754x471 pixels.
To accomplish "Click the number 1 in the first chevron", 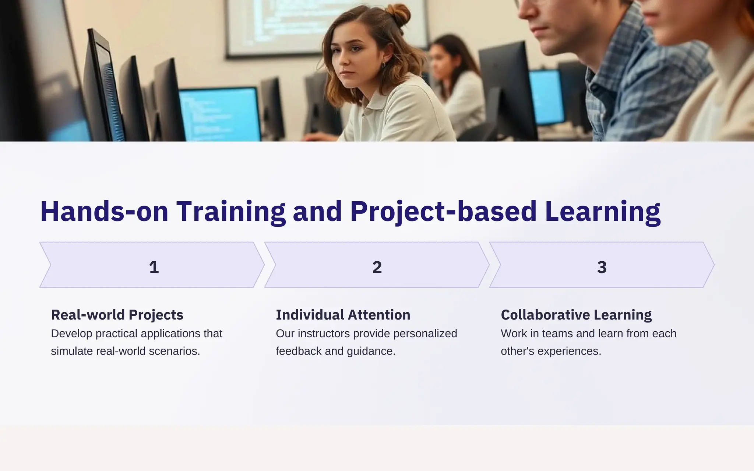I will [154, 267].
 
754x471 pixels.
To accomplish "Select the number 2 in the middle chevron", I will [377, 267].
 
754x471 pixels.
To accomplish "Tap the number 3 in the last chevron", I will [602, 267].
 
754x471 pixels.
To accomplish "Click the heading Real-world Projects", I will [117, 315].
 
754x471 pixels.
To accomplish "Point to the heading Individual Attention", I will [343, 315].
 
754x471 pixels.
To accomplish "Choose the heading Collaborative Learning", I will [576, 315].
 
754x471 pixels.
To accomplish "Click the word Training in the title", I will [231, 212].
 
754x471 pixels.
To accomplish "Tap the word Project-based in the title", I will [443, 212].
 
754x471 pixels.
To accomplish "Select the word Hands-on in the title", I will [104, 212].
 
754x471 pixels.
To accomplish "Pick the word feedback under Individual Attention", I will [299, 351].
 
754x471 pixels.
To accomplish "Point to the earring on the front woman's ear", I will [384, 65].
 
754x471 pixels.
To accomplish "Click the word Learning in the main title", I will [603, 212].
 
